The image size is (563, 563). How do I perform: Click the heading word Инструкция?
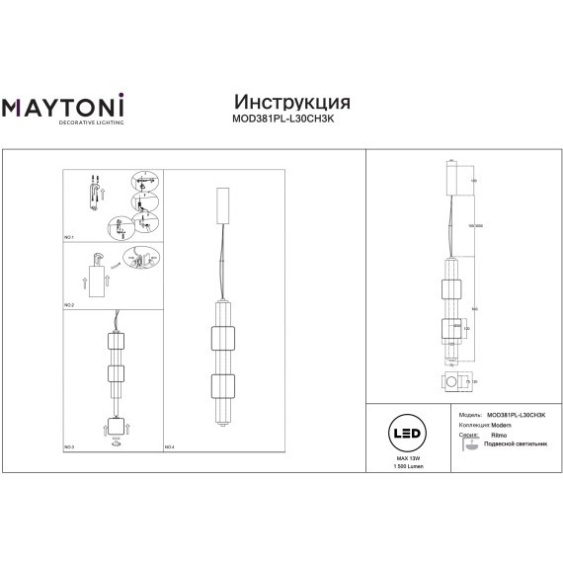(x=291, y=102)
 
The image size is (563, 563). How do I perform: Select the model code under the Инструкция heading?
(x=291, y=121)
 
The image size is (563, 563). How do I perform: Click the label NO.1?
(x=70, y=239)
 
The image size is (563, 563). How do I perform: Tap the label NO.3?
(x=70, y=446)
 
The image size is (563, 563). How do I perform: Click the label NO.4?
(x=169, y=446)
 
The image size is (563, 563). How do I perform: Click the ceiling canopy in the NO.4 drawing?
(x=222, y=203)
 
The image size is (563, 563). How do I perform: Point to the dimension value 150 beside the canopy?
(x=474, y=181)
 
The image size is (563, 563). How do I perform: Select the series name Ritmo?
(x=499, y=435)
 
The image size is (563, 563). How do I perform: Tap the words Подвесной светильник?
(x=514, y=445)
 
